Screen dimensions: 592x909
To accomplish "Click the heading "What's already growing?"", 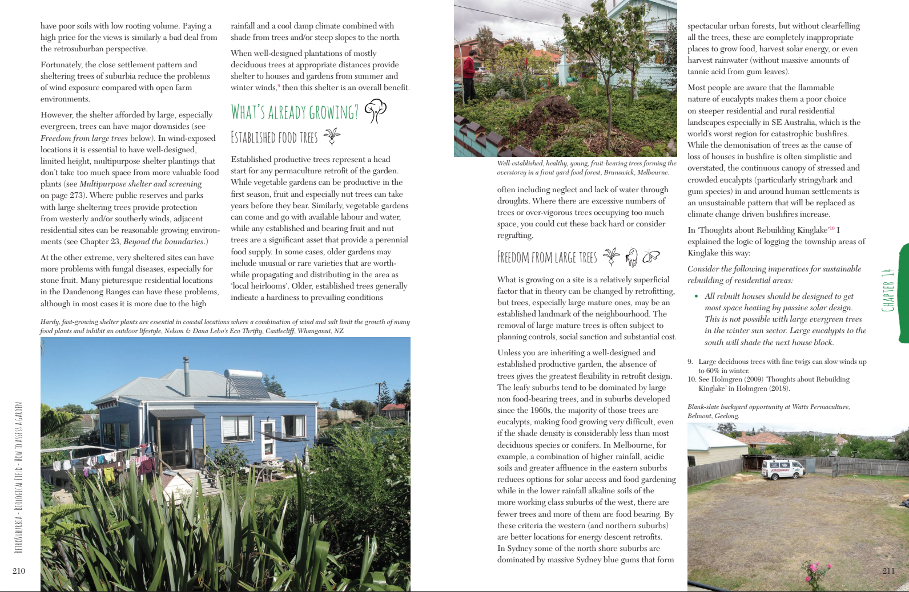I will pos(295,112).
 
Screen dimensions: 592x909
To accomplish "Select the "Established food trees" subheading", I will pos(274,137).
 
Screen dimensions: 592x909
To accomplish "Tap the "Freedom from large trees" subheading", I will pos(547,258).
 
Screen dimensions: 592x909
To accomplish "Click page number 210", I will pos(19,571).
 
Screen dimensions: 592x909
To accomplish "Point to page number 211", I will pos(888,571).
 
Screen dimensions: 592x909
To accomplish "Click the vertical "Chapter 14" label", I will pos(888,290).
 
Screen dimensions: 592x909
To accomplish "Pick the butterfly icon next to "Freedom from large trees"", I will pos(651,257).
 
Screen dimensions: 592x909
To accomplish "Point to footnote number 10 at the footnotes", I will pos(691,379).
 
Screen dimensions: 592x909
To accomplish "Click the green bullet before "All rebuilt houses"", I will pos(696,297).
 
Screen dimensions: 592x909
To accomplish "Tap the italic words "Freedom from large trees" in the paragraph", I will pos(85,138).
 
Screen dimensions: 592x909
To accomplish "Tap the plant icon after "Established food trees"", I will pos(332,137).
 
